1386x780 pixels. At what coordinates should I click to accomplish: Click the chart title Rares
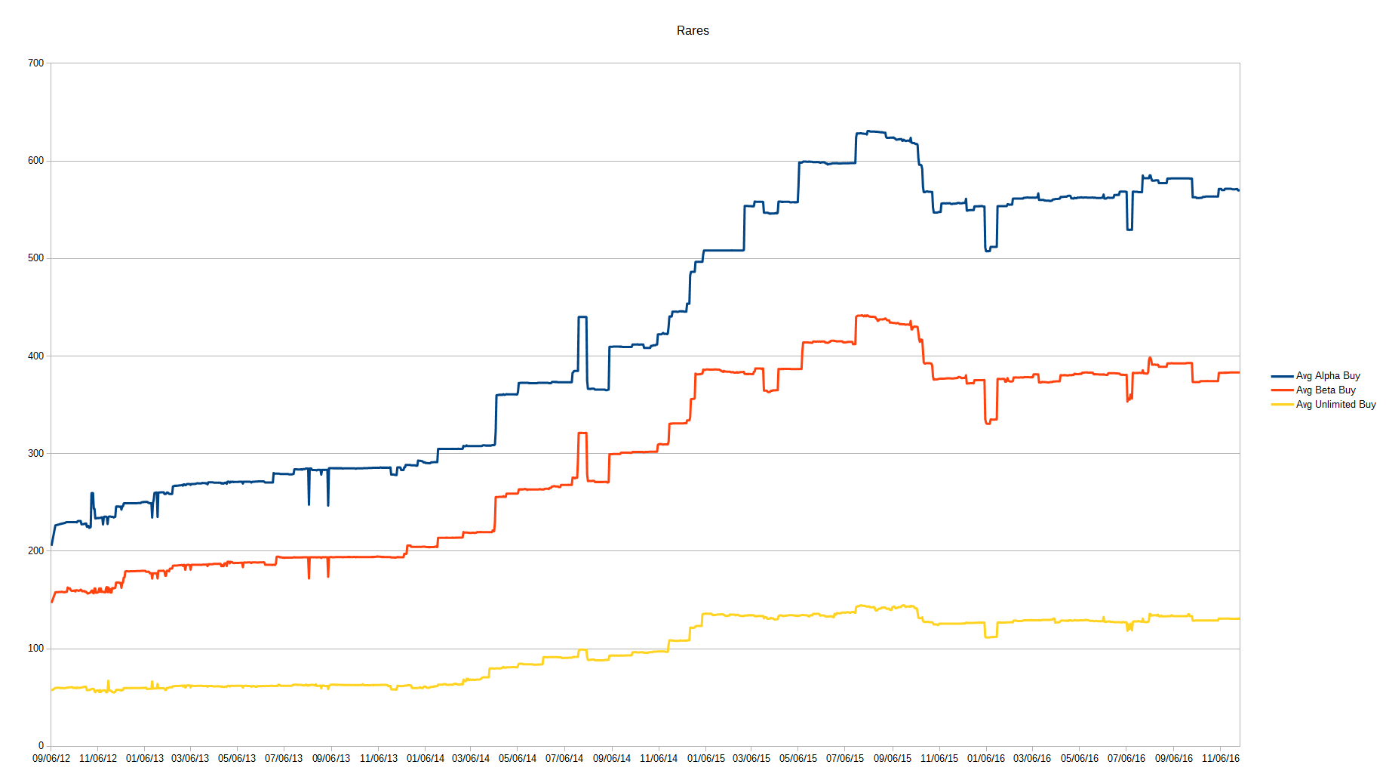[693, 31]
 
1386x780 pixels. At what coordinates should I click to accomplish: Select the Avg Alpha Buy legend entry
[1327, 376]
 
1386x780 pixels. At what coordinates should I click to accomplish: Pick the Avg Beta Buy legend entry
[1325, 390]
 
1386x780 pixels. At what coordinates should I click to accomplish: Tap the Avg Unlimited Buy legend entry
[1335, 405]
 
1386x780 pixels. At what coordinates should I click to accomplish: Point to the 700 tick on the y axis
[36, 63]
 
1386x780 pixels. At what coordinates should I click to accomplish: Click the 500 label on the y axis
[36, 258]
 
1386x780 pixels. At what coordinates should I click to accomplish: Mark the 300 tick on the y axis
[36, 454]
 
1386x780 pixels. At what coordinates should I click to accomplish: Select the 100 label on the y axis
[36, 649]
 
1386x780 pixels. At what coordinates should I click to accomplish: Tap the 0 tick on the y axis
[41, 746]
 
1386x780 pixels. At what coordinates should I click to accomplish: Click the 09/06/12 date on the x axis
[51, 759]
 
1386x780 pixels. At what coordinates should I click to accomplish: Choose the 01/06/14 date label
[426, 759]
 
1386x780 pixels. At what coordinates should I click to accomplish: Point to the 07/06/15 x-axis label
[845, 759]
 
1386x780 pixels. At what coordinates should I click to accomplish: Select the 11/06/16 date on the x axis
[1220, 759]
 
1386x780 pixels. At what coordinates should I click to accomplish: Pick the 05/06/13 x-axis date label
[237, 759]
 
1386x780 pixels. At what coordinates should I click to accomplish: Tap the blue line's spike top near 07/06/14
[582, 317]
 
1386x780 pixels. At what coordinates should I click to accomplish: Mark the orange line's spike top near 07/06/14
[582, 433]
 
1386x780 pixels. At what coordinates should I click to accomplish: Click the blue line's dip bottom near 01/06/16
[988, 250]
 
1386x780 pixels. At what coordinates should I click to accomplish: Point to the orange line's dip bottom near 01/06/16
[988, 424]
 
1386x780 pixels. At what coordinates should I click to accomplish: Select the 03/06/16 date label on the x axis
[1032, 759]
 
